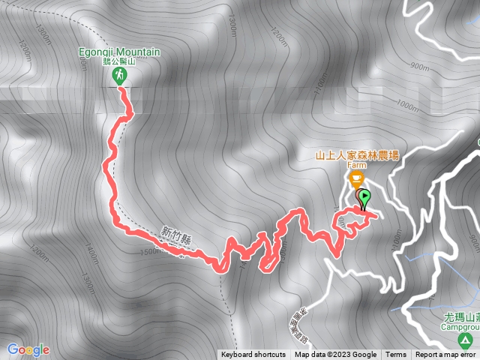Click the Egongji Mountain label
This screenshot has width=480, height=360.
[120, 52]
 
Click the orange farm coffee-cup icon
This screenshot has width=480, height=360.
[355, 178]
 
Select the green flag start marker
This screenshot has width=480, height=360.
[364, 198]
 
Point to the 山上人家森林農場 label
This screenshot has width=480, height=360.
[356, 155]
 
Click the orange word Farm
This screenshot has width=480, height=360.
[356, 166]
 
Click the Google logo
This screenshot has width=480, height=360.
[28, 349]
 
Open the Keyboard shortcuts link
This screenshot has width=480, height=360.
[253, 355]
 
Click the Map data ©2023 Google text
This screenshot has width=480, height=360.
[335, 355]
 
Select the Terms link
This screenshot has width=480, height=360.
[396, 355]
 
